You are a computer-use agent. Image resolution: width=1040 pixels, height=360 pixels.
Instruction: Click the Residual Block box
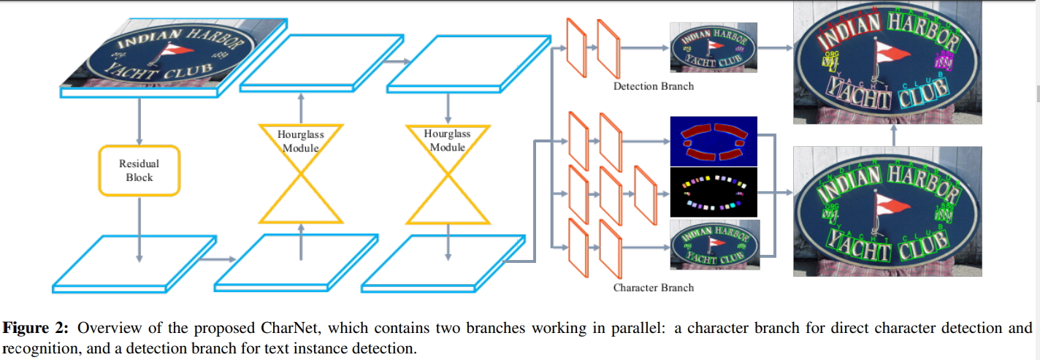(139, 170)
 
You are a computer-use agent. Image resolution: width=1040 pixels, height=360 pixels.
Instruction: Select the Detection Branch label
(654, 87)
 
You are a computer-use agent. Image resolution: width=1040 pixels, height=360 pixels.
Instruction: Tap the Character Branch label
(654, 288)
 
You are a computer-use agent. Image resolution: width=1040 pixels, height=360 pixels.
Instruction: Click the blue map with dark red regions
(714, 141)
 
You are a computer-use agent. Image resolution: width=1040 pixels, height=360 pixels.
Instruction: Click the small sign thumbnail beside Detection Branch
(714, 48)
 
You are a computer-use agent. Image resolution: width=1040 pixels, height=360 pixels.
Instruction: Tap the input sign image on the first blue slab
(157, 53)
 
